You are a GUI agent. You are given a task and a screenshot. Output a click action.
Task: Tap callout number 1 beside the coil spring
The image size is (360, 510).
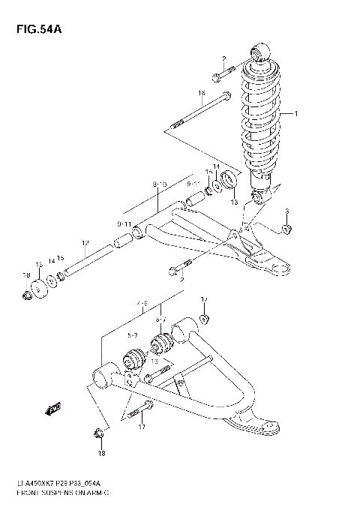[x=295, y=114]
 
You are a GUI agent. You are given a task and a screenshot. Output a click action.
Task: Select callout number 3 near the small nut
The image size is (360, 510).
[x=286, y=212]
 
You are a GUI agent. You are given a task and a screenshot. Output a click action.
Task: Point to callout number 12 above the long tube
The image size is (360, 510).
[x=85, y=242]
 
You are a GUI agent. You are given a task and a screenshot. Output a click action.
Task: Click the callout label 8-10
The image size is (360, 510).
[x=159, y=183]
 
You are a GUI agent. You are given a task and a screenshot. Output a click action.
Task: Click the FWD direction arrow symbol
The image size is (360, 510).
[x=53, y=409]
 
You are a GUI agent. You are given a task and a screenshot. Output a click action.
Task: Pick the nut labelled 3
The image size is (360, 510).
[x=286, y=228]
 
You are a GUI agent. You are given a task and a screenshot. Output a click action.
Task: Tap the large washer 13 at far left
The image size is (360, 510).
[x=37, y=286]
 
